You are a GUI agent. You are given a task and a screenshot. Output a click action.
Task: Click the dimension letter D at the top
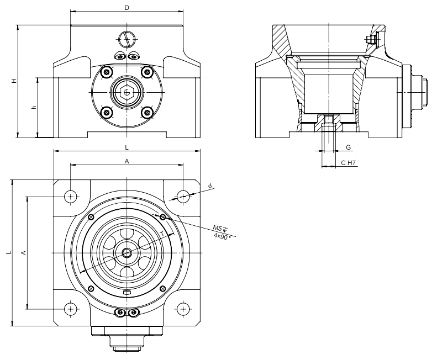tap(127, 8)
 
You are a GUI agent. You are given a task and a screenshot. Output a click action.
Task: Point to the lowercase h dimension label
tap(34, 107)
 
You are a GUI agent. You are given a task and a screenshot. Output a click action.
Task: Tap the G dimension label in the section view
tap(348, 147)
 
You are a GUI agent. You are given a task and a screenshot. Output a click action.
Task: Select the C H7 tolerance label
tap(349, 163)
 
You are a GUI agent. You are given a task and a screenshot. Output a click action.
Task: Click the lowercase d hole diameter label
tap(210, 186)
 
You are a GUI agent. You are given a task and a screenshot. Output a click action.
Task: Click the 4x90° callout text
tap(222, 236)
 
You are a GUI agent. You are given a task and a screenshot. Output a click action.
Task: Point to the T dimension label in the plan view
tap(162, 234)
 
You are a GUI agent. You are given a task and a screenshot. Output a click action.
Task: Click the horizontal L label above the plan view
tap(127, 147)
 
